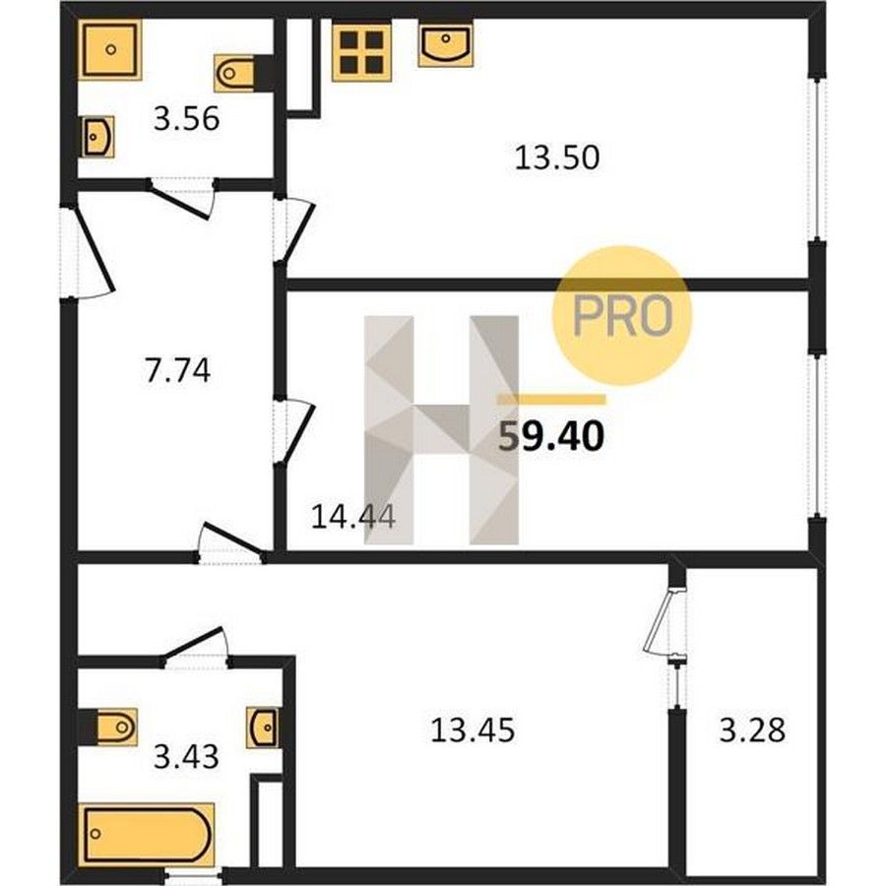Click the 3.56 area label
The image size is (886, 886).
pyautogui.click(x=186, y=120)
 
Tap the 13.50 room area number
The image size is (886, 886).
pyautogui.click(x=556, y=158)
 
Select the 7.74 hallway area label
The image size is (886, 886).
pyautogui.click(x=178, y=371)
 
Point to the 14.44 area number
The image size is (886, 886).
pyautogui.click(x=353, y=517)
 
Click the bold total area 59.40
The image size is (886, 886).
pyautogui.click(x=551, y=437)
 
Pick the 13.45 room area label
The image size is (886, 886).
pyautogui.click(x=473, y=729)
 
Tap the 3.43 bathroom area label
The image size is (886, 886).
pyautogui.click(x=186, y=757)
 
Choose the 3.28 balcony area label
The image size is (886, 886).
pyautogui.click(x=752, y=729)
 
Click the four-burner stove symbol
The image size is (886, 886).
pyautogui.click(x=361, y=52)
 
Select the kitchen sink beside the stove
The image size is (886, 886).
pyautogui.click(x=446, y=45)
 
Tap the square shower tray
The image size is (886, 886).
pyautogui.click(x=109, y=50)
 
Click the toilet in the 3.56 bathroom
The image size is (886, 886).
pyautogui.click(x=236, y=73)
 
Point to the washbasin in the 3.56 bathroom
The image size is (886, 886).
pyautogui.click(x=98, y=137)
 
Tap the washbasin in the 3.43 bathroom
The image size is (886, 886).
pyautogui.click(x=263, y=728)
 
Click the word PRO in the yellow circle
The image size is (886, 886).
pyautogui.click(x=623, y=316)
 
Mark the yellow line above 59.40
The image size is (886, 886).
pyautogui.click(x=551, y=400)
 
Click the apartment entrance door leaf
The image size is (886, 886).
pyautogui.click(x=95, y=250)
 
